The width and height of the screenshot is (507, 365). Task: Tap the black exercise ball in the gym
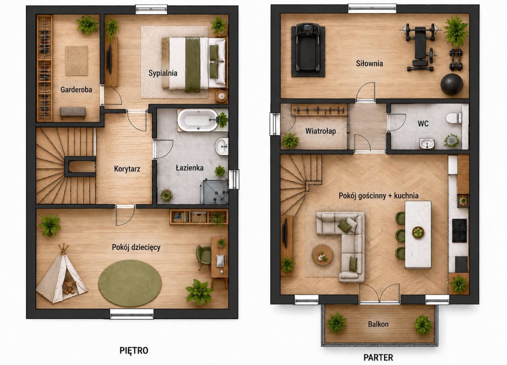[452, 84]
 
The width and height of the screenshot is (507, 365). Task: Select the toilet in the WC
[454, 118]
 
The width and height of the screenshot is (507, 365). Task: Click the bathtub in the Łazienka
[198, 120]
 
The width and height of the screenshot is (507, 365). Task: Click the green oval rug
[130, 283]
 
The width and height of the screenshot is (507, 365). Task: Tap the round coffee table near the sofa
[322, 255]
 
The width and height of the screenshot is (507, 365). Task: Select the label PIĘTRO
[134, 350]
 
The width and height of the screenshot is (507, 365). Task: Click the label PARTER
[378, 357]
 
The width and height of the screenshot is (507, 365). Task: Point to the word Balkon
[378, 324]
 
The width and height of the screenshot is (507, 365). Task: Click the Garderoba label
[76, 89]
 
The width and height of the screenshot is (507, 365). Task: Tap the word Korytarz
[127, 169]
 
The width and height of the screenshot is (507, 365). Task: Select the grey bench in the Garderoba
[73, 112]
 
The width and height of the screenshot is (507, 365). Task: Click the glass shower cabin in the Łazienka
[214, 191]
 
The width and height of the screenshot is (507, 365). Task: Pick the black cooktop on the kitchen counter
[459, 230]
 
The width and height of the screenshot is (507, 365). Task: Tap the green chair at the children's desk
[203, 256]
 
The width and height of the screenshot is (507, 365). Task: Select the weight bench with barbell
[420, 48]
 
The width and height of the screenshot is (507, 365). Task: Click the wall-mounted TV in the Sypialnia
[109, 59]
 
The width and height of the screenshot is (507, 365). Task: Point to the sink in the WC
[427, 144]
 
